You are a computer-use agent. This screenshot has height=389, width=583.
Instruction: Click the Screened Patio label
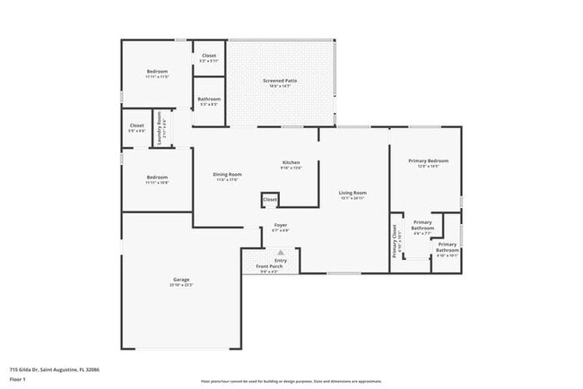click(x=280, y=81)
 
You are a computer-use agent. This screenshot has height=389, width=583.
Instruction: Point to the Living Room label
click(x=352, y=193)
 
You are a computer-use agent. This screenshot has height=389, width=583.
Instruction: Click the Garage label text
click(x=181, y=280)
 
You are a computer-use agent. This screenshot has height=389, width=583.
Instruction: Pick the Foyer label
click(x=280, y=226)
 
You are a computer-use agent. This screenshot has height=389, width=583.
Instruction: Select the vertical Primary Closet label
click(x=395, y=240)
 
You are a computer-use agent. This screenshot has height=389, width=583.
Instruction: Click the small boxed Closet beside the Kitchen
click(x=270, y=199)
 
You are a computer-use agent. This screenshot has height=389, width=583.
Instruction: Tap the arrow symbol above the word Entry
click(x=281, y=253)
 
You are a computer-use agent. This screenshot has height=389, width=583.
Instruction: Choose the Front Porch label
click(x=269, y=267)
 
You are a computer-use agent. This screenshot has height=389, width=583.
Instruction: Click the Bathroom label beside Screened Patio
click(x=209, y=99)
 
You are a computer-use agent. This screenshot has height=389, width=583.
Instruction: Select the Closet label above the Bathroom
click(x=209, y=56)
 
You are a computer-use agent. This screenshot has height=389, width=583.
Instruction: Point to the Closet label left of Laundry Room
click(x=136, y=125)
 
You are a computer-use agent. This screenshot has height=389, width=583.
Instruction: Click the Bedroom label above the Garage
click(x=157, y=177)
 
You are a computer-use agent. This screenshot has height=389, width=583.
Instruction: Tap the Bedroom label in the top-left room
click(x=157, y=72)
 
